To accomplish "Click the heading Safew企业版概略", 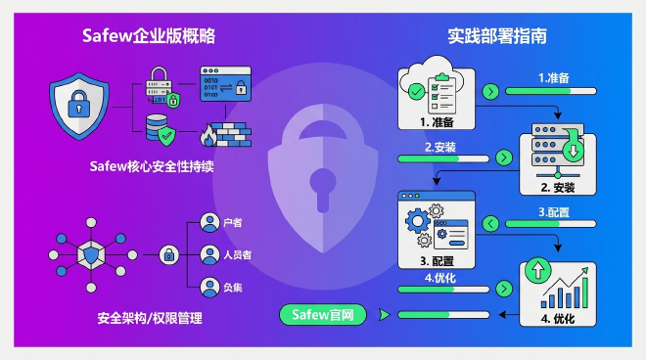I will [148, 36].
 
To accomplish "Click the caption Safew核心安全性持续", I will [150, 167].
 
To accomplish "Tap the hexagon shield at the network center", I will [92, 255].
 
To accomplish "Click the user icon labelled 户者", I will [208, 223].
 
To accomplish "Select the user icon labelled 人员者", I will [208, 255].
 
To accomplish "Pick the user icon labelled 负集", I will [208, 288].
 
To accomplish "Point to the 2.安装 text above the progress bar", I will [439, 147].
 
